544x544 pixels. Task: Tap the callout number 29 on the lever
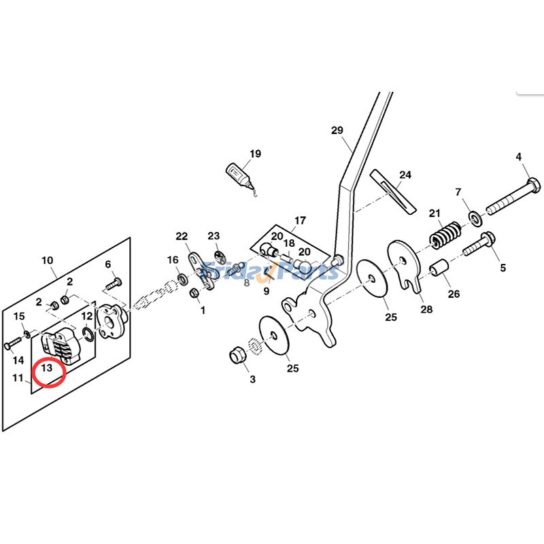pos(338,130)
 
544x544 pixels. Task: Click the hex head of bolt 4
pos(532,184)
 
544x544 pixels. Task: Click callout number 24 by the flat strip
pos(405,175)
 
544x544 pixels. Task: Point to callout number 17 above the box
pos(300,220)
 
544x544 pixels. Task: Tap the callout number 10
pos(47,260)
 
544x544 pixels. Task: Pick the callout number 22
pos(182,236)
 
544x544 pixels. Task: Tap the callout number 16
pos(173,260)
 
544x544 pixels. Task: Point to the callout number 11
pos(18,377)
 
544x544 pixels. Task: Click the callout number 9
pos(267,291)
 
